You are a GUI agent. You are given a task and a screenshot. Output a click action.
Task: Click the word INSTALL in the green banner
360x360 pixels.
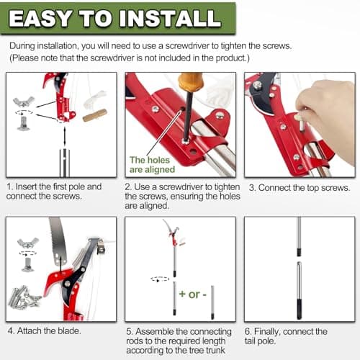pyautogui.click(x=170, y=18)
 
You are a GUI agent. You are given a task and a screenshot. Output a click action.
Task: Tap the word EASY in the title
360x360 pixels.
pyautogui.click(x=40, y=18)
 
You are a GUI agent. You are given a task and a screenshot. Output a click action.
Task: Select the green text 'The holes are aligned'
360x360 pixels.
pyautogui.click(x=152, y=165)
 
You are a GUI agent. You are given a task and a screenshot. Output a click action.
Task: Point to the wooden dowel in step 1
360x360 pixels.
pyautogui.click(x=95, y=115)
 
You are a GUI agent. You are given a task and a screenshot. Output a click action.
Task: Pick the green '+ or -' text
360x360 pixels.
pyautogui.click(x=193, y=294)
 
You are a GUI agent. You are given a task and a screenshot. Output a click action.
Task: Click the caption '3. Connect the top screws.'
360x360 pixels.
pyautogui.click(x=300, y=188)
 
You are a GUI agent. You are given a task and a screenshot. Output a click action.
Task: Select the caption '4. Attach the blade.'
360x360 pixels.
pyautogui.click(x=44, y=331)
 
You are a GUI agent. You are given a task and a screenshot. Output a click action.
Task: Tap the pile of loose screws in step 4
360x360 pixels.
pyautogui.click(x=24, y=297)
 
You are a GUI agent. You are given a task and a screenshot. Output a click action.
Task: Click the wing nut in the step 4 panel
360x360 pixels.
pyautogui.click(x=28, y=243)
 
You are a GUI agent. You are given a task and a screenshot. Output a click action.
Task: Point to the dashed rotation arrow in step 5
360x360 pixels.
pyautogui.click(x=160, y=279)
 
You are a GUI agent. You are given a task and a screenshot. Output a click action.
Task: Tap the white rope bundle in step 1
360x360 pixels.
pyautogui.click(x=94, y=99)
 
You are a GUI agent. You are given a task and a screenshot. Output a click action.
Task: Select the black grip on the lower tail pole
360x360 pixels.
pyautogui.click(x=299, y=309)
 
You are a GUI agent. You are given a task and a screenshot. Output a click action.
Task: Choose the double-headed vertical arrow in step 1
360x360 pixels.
pyautogui.click(x=65, y=136)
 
